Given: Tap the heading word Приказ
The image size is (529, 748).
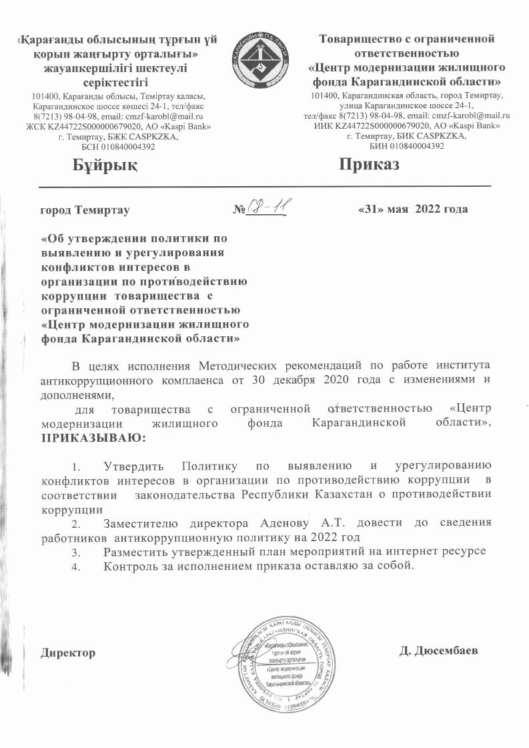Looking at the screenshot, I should (x=368, y=164).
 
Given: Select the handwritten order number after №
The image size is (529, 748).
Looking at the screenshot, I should (x=268, y=208).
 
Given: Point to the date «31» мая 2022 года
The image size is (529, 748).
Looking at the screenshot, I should (x=413, y=209).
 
